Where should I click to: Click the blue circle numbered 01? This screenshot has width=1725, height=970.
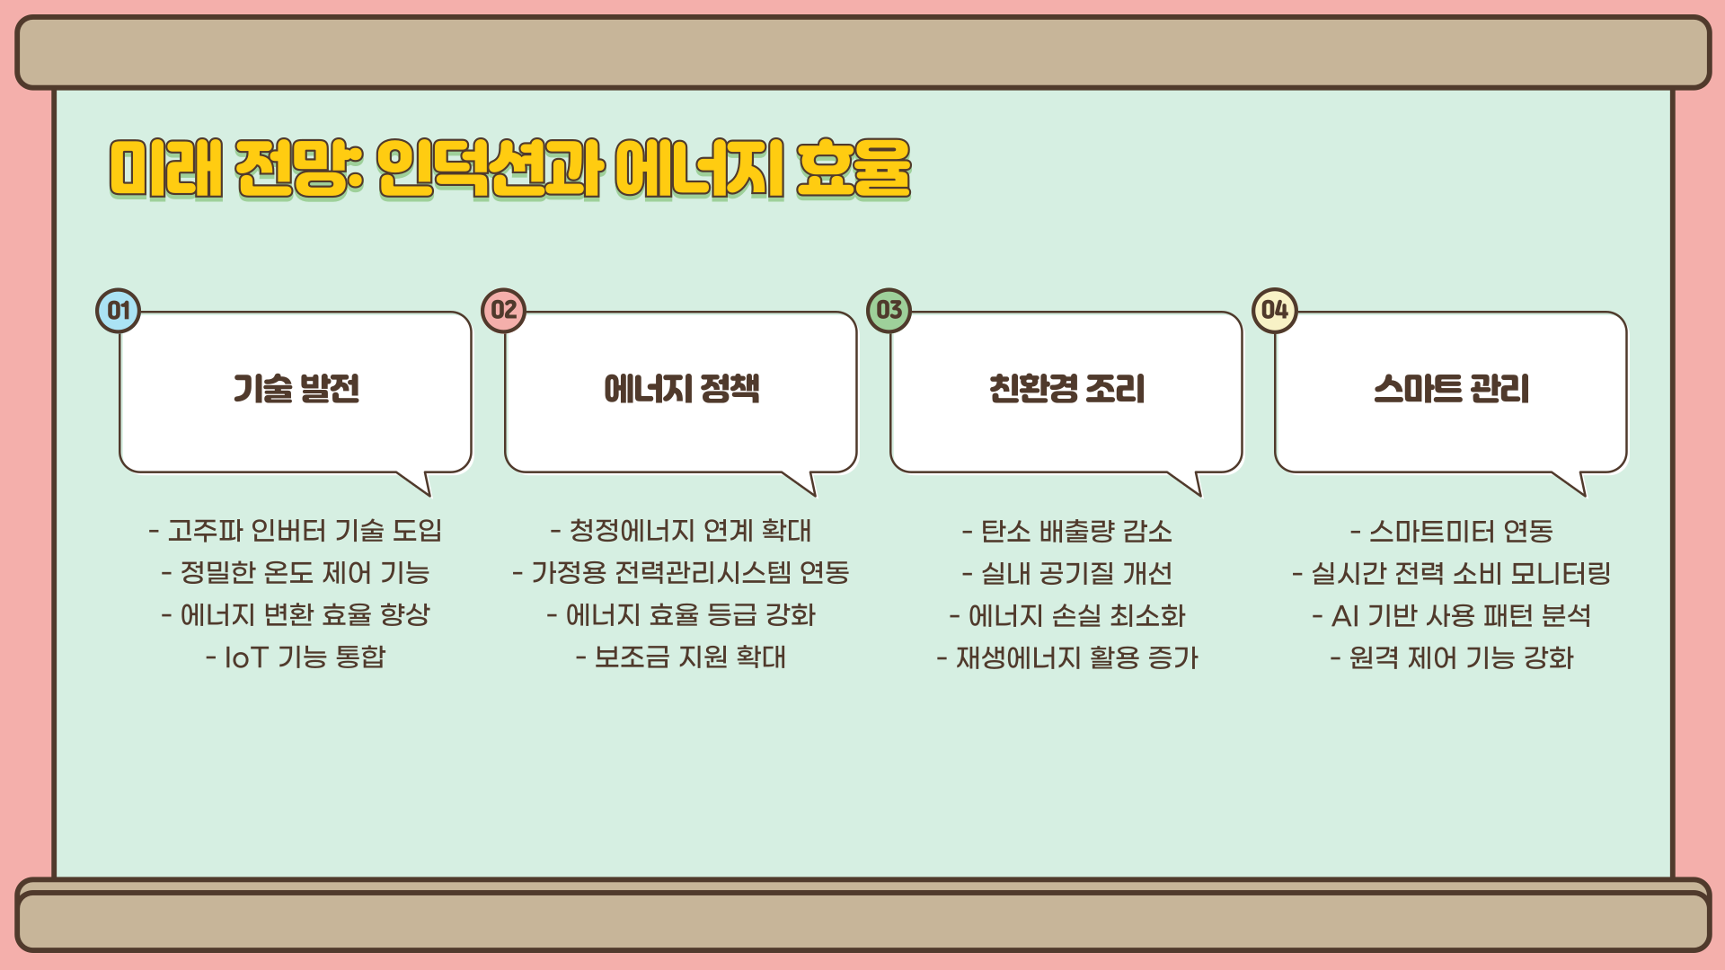coord(119,311)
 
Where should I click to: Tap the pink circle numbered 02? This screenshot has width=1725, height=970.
coord(504,311)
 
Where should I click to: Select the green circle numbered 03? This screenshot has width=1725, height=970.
coord(889,311)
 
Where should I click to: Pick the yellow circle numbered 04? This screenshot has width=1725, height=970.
coord(1274,311)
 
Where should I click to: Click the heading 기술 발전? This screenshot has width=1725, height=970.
coord(296,389)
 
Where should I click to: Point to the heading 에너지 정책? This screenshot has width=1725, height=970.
coord(681,389)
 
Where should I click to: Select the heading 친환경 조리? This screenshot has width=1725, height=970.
coord(1066,389)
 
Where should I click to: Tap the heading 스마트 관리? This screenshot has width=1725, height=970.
coord(1451,389)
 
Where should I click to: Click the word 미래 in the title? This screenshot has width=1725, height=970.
coord(166,168)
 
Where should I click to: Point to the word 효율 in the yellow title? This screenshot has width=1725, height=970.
coord(853,168)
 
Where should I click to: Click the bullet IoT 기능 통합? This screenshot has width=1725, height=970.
coord(296,657)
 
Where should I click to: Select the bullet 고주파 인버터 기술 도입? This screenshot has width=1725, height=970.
coord(296,531)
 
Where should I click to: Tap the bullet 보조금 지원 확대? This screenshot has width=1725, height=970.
coord(681,657)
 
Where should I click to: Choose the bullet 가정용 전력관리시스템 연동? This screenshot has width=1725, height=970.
coord(681,573)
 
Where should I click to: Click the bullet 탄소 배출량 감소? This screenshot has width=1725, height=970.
coord(1066,532)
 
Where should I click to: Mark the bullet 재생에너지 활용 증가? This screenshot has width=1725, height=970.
coord(1066,658)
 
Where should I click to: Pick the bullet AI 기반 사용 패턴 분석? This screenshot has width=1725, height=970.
coord(1451,616)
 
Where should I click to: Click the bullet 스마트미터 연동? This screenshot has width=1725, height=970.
coord(1451,532)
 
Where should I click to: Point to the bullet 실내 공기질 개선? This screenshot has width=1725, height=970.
coord(1066,574)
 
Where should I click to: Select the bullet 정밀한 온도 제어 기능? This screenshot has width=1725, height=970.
coord(296,573)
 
